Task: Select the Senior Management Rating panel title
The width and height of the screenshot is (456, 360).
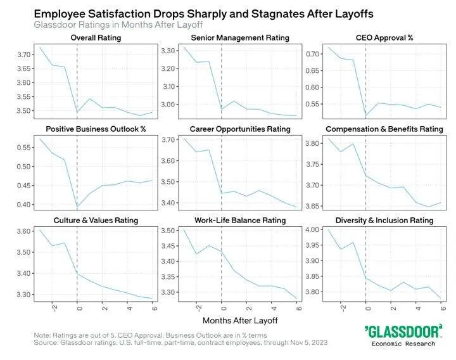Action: pos(239,37)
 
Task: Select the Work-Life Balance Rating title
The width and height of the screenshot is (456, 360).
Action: pos(239,221)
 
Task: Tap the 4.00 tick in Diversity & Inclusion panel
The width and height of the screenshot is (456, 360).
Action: pos(312,229)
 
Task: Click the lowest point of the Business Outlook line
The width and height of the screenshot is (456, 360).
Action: pos(77,207)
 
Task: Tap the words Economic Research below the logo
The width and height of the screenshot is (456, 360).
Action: pos(403,344)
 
